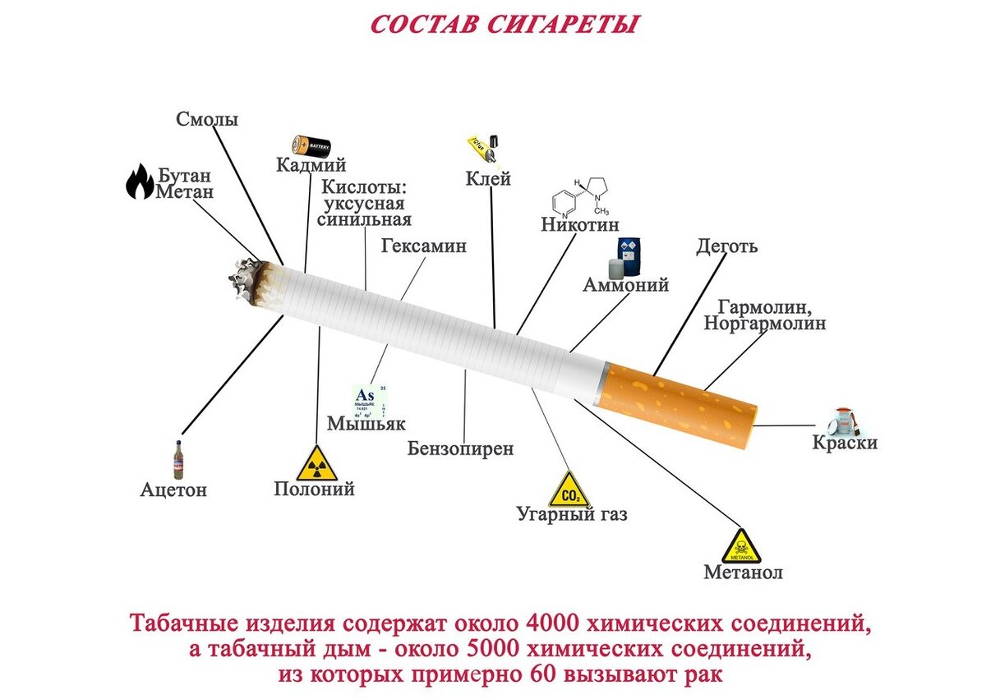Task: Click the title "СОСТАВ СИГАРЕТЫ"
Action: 505,23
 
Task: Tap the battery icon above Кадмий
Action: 311,146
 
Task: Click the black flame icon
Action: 139,182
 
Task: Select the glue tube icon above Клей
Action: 482,149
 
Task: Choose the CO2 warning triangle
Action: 569,490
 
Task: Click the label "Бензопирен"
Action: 461,448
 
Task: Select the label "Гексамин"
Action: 424,246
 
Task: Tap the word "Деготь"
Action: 727,246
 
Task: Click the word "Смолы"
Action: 207,119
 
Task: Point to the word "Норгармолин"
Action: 764,324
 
